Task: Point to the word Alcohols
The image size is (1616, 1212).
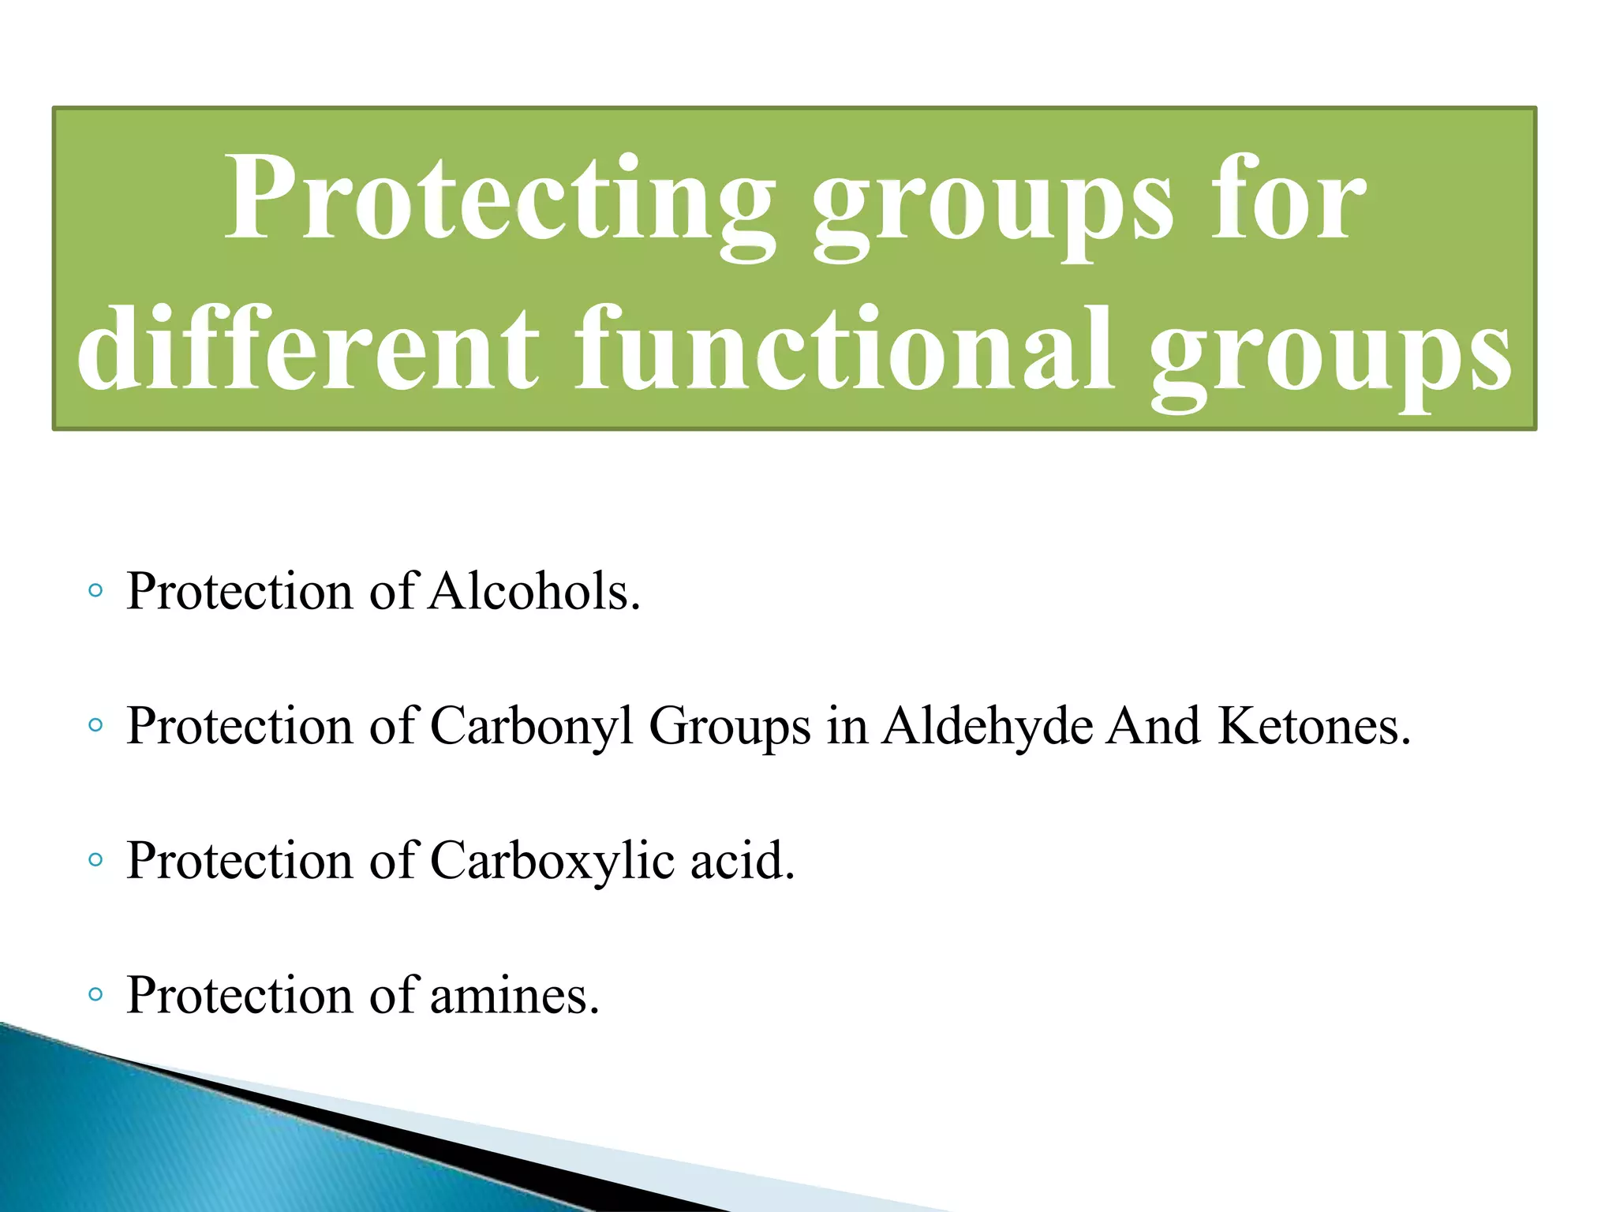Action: click(x=534, y=591)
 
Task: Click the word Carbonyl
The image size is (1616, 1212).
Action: click(x=531, y=726)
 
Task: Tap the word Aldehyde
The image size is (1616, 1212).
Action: click(x=987, y=726)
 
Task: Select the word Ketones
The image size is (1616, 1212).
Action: click(x=1314, y=726)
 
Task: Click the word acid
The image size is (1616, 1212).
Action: click(x=742, y=860)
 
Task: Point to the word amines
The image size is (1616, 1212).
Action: click(x=514, y=995)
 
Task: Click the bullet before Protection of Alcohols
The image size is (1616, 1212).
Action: click(x=95, y=591)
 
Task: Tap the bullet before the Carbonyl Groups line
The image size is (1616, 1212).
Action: click(x=95, y=725)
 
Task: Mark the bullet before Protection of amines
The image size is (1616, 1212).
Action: click(x=95, y=994)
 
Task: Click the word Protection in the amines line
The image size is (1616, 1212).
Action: click(x=239, y=995)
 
